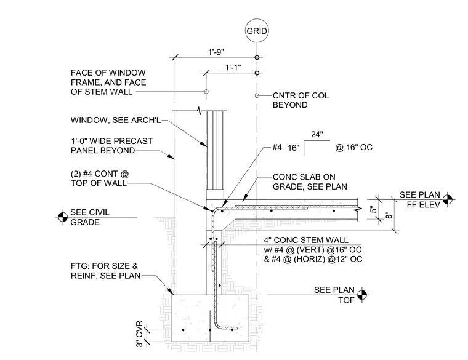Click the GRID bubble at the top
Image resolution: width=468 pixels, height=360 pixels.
pos(257,31)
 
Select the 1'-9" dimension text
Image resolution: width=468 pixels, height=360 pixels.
pos(216,52)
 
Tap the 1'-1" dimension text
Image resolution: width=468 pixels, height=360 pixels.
pos(233,68)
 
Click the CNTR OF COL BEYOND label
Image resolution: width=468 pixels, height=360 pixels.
pos(301,100)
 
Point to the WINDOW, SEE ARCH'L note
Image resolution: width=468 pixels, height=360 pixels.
pos(116,120)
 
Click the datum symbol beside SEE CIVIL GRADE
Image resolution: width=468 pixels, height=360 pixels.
pos(63,217)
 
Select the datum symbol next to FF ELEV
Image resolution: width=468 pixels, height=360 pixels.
pos(447,199)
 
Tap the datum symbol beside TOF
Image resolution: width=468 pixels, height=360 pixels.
pos(361,295)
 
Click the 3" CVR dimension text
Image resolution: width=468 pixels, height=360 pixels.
pos(139,334)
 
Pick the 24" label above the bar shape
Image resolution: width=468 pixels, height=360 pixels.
pos(317,135)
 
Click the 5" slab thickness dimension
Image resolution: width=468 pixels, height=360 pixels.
pos(373,210)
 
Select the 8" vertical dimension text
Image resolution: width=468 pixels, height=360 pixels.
pos(389,215)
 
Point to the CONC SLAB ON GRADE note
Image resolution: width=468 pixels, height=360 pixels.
pos(310,182)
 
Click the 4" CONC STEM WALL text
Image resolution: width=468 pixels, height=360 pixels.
pos(305,240)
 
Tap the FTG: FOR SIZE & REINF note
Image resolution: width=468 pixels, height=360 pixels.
pos(105,271)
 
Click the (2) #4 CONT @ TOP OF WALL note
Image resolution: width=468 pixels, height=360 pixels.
pos(100,178)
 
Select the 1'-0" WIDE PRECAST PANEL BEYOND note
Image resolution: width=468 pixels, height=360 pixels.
pos(111,146)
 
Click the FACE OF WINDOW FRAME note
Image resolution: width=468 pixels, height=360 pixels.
pos(108,82)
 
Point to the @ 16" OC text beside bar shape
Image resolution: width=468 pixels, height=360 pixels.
pos(353,147)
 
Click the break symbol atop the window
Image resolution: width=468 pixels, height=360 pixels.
pos(200,111)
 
